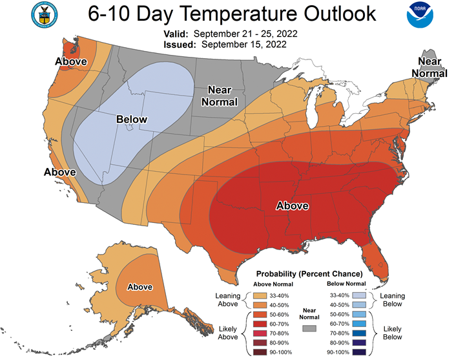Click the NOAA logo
[420, 15]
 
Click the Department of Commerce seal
[45, 15]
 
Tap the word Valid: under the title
[176, 34]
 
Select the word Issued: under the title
[180, 45]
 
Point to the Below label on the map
[132, 120]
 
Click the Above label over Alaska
[140, 287]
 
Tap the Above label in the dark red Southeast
[293, 206]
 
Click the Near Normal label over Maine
[429, 67]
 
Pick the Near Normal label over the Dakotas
[220, 96]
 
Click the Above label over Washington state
[71, 61]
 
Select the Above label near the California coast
[60, 172]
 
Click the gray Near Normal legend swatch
[309, 328]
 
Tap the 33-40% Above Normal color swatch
[260, 295]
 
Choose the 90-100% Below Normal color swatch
[359, 352]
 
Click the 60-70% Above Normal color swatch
[260, 324]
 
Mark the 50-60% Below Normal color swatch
[359, 314]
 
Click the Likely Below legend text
[393, 333]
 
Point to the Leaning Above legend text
[228, 300]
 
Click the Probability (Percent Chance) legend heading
[309, 273]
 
